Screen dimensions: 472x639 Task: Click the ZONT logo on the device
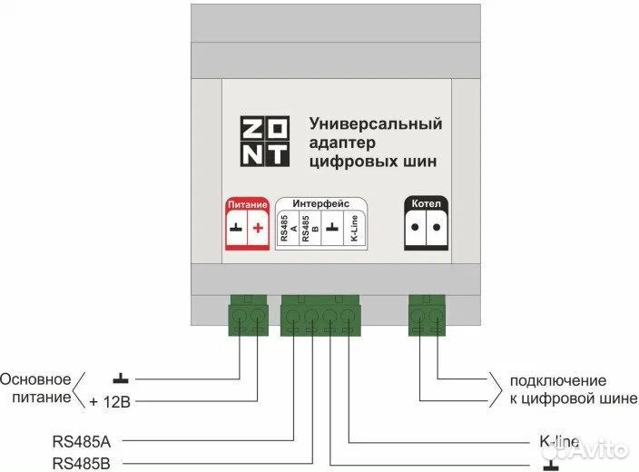coord(265,141)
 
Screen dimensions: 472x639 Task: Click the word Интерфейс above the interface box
coord(320,204)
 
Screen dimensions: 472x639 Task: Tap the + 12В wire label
coord(113,401)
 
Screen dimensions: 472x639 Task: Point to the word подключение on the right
coord(557,380)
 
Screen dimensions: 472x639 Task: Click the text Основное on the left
coord(35,379)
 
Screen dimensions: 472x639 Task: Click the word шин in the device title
coord(417,162)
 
